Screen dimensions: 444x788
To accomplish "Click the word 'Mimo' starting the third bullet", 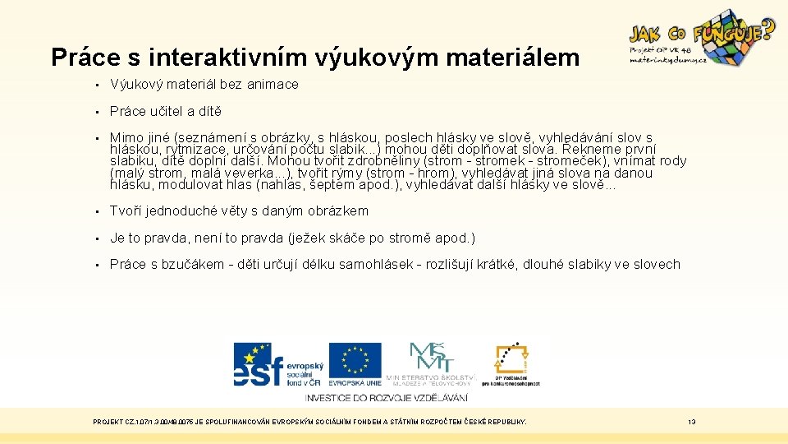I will [x=125, y=137].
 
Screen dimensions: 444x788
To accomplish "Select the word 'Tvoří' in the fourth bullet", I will [x=125, y=210].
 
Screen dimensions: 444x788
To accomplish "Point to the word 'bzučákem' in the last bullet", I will [x=197, y=264].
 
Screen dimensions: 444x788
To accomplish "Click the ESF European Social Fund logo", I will [x=279, y=364].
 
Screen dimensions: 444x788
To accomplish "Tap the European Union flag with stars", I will [x=355, y=360].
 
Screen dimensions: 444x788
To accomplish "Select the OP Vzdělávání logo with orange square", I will [x=510, y=362].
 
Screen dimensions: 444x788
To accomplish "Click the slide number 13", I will [x=692, y=422].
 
